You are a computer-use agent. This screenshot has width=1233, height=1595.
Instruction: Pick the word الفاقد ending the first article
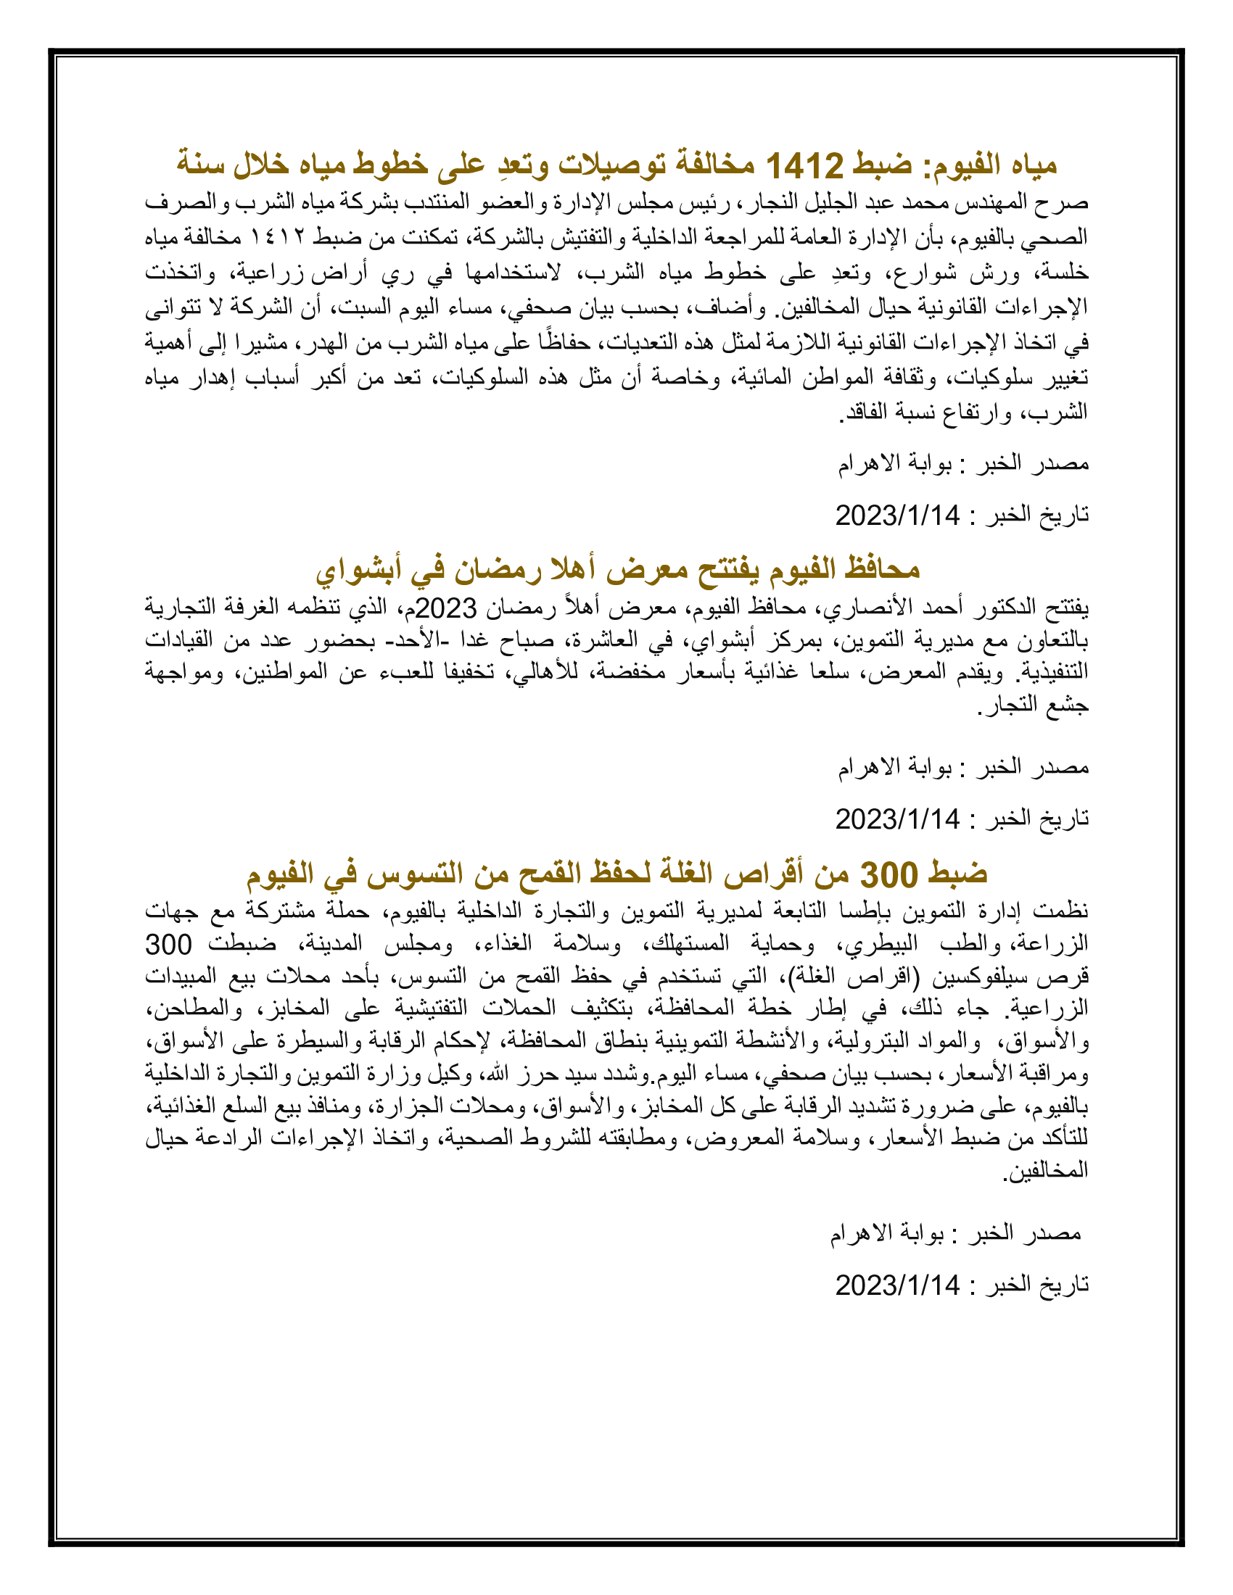pyautogui.click(x=862, y=412)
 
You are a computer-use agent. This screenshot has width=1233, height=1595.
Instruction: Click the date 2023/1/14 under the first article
pyautogui.click(x=897, y=515)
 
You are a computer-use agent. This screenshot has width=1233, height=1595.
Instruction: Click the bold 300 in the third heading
pyautogui.click(x=888, y=874)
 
